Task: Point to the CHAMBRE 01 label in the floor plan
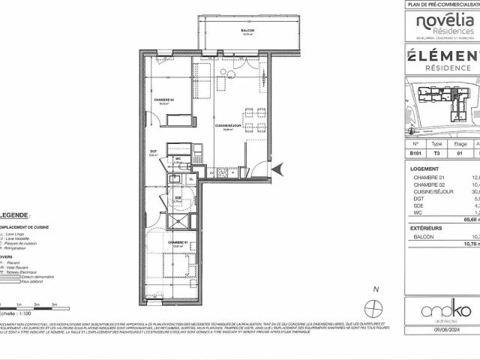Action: tap(177, 243)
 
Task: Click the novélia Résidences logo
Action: tap(445, 26)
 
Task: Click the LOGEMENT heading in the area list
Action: tap(426, 169)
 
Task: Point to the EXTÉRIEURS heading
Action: tap(428, 228)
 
